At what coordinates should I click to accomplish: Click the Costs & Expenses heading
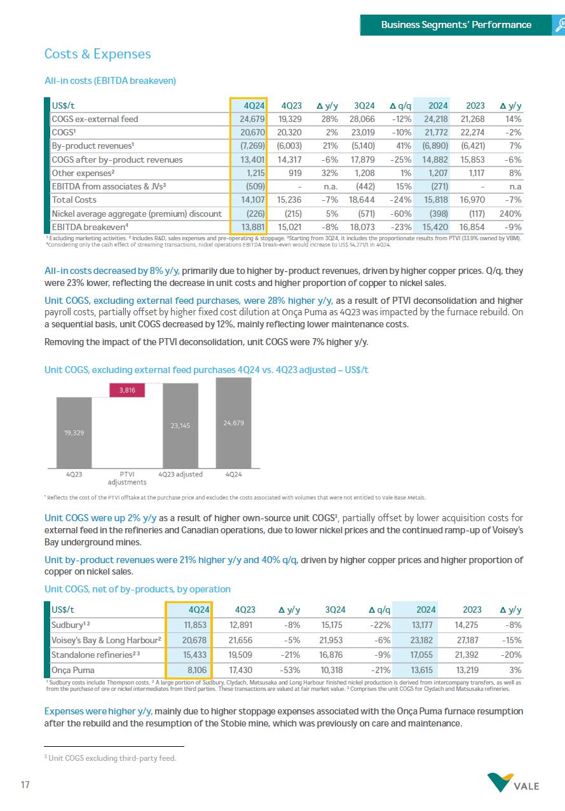click(97, 54)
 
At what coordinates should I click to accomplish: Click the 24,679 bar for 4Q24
click(233, 423)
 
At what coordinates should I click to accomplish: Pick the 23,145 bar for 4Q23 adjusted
click(180, 426)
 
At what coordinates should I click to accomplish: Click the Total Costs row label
click(74, 200)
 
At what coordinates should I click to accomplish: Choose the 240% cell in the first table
click(510, 214)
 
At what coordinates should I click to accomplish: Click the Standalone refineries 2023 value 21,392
click(471, 655)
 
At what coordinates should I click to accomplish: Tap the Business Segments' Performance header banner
click(456, 25)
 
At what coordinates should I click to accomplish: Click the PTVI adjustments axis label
click(127, 478)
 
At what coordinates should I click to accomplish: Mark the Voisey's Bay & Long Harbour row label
click(106, 639)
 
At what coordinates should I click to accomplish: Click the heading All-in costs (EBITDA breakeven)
click(110, 81)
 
